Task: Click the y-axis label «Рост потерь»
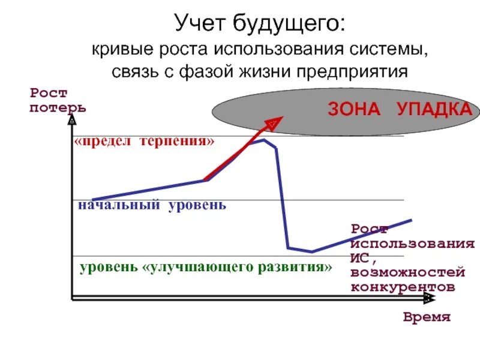[x=58, y=101]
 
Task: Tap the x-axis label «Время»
[x=427, y=317]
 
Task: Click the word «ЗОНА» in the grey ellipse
[x=355, y=110]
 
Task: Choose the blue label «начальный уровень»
[x=152, y=205]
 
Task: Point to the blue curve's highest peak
[x=265, y=140]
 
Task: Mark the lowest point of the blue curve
[x=311, y=251]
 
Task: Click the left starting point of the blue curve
[x=92, y=199]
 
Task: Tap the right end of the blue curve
[x=412, y=220]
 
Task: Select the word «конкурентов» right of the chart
[x=403, y=286]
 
